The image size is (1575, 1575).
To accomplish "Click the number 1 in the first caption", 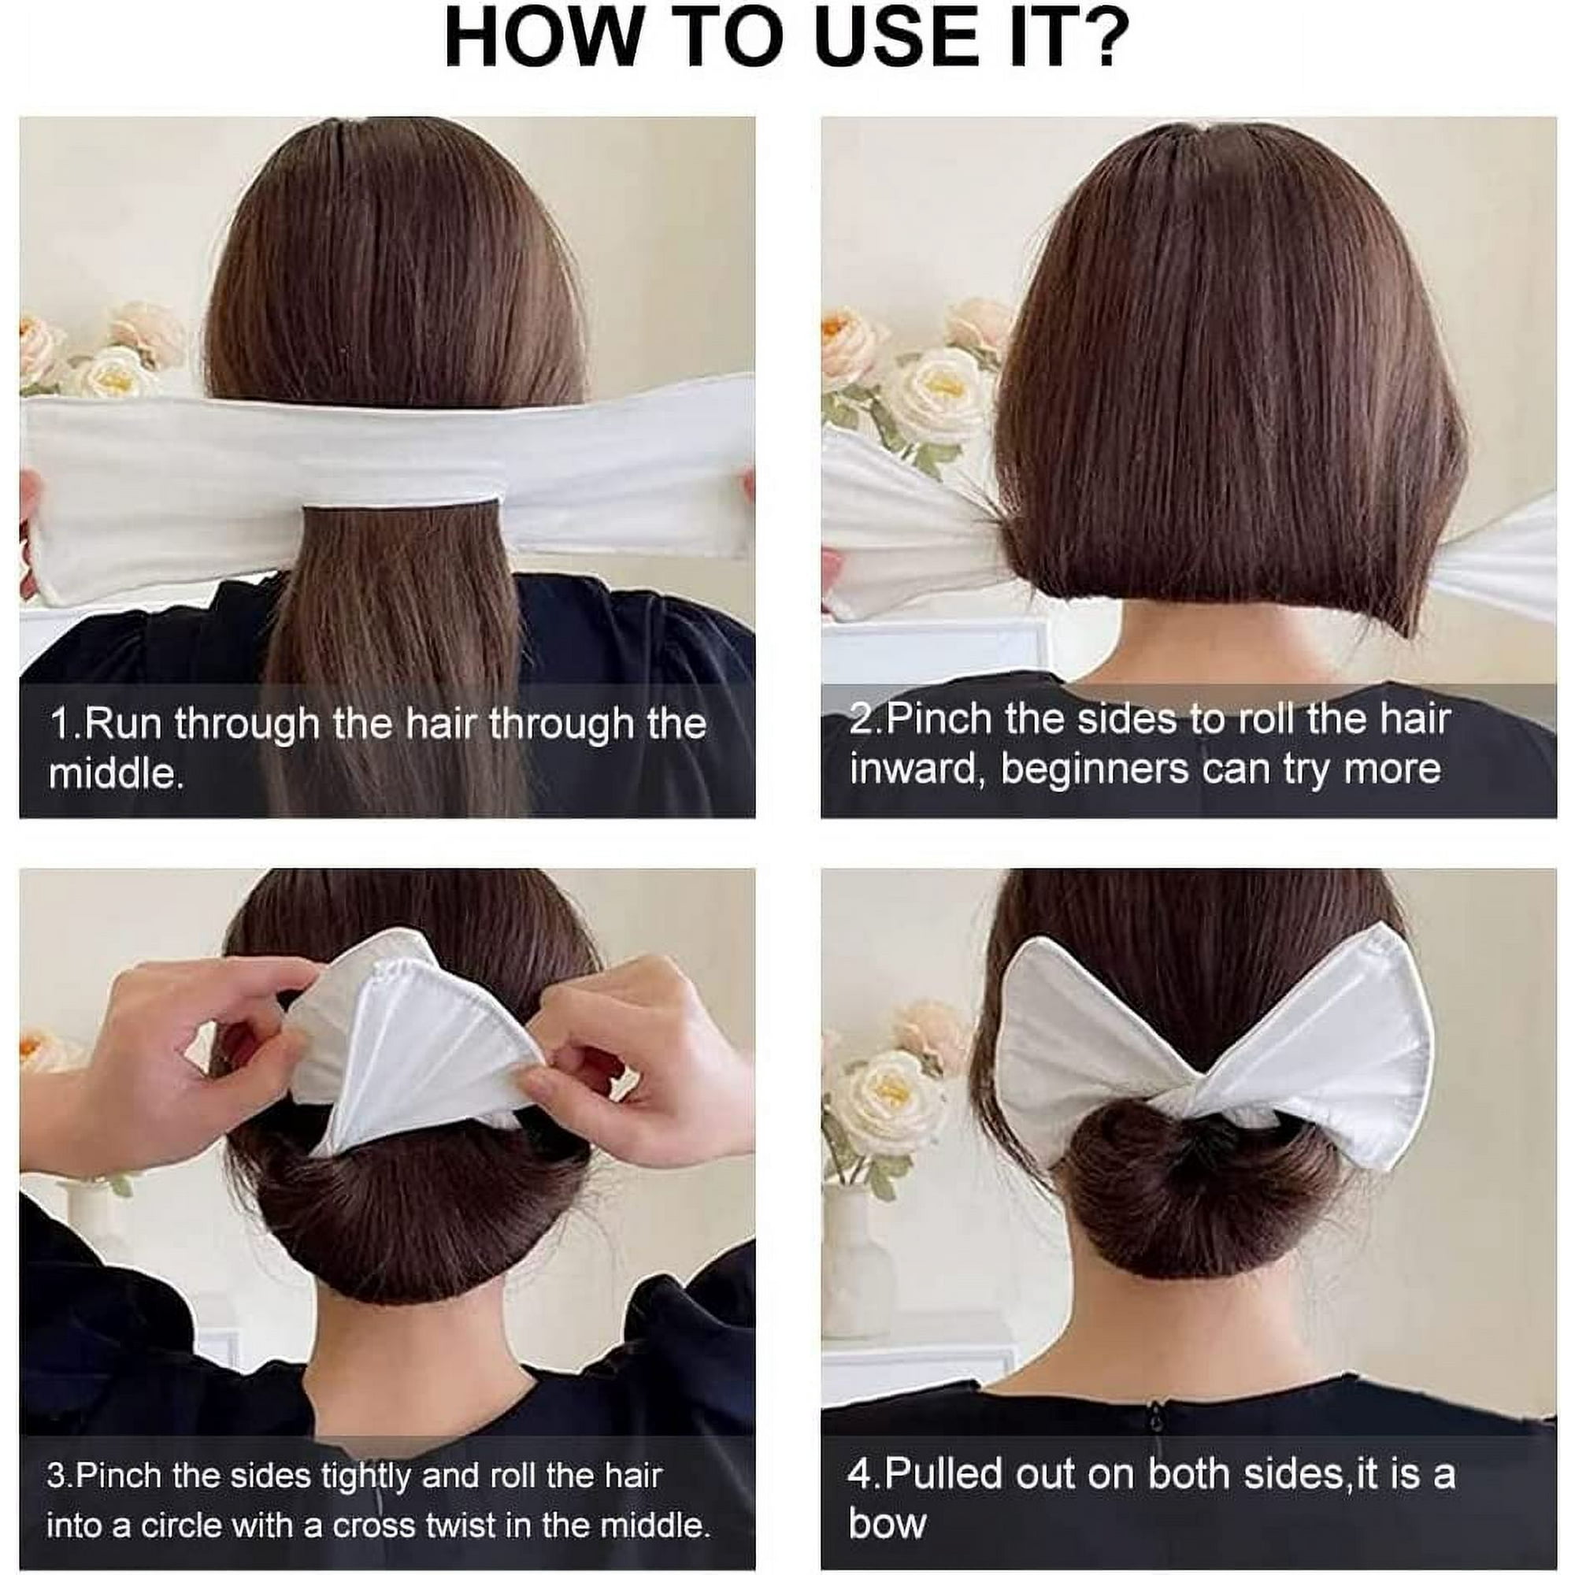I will (x=61, y=723).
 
